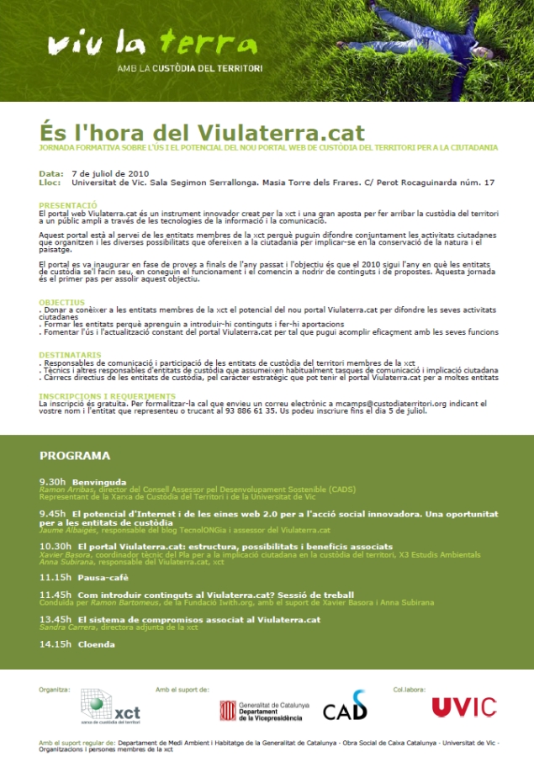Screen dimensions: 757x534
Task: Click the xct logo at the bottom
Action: tap(110, 706)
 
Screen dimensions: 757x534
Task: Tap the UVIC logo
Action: tap(463, 707)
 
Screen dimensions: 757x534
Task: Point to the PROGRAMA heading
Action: tap(75, 456)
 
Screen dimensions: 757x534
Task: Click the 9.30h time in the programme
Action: tap(52, 482)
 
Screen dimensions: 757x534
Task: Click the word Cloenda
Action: tap(96, 644)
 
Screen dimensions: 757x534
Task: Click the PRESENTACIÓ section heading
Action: tap(68, 204)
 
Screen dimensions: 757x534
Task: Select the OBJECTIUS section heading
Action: tap(62, 301)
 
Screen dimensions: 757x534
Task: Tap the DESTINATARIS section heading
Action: tap(71, 354)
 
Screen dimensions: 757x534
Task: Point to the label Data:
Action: tap(51, 173)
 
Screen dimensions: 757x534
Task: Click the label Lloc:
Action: tap(50, 182)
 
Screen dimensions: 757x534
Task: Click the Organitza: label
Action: tap(54, 688)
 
